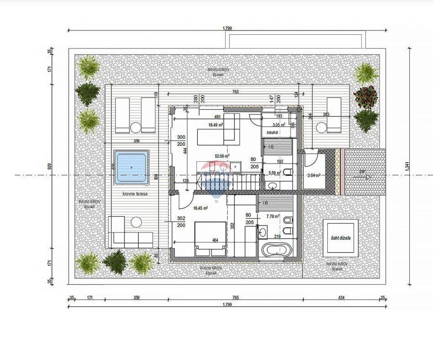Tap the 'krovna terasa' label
(x=134, y=194)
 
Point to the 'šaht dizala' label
(x=340, y=238)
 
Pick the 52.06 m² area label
(x=222, y=155)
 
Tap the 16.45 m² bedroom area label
(x=201, y=208)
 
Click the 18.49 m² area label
(x=215, y=125)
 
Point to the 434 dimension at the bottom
(x=341, y=297)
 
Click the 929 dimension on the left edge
(x=51, y=167)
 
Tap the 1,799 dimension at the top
(x=227, y=28)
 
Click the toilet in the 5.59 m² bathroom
(x=287, y=172)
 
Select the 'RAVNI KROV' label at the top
(x=218, y=70)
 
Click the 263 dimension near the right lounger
(x=326, y=115)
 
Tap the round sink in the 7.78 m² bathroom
(x=263, y=232)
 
